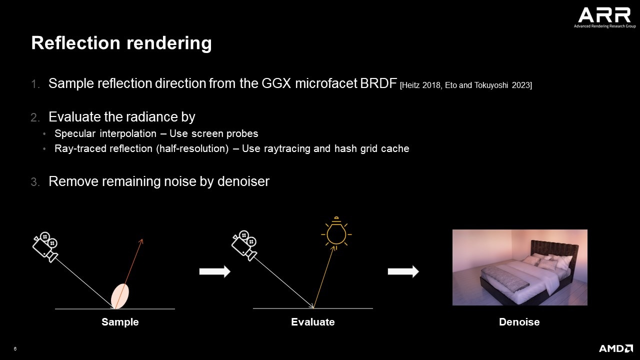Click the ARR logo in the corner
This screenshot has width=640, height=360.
tap(604, 17)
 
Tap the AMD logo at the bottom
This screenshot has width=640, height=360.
tap(616, 348)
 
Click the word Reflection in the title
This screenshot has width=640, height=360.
tap(75, 43)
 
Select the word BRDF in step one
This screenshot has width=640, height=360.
tap(378, 83)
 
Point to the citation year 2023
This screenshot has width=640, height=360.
tap(521, 85)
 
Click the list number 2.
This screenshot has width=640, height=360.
tap(35, 117)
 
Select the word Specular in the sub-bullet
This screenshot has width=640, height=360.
tap(75, 133)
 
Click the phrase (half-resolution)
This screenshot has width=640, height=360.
tap(192, 148)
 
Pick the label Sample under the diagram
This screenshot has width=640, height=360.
tap(120, 322)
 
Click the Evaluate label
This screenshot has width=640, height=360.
tap(313, 322)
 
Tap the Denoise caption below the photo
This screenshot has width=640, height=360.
tap(519, 322)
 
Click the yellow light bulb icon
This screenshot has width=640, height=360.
tap(336, 233)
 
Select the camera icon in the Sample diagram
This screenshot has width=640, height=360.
tap(45, 247)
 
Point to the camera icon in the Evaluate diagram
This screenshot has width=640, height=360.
tap(244, 245)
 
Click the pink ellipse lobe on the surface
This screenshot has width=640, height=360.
tap(120, 296)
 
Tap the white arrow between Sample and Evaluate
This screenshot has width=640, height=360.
tap(215, 271)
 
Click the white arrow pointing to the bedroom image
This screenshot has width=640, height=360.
tap(403, 271)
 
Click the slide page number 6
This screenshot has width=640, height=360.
tap(15, 349)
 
